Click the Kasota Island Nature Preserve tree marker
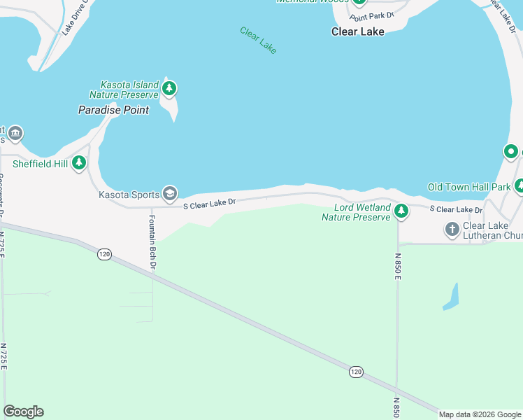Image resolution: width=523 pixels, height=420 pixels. click(x=169, y=89)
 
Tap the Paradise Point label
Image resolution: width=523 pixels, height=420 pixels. click(x=113, y=110)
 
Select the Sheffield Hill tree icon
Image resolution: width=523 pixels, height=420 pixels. click(x=80, y=162)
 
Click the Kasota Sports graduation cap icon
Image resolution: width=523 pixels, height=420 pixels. click(x=169, y=193)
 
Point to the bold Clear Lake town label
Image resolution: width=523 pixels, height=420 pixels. click(x=357, y=31)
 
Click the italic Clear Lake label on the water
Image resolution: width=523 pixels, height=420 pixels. click(x=258, y=40)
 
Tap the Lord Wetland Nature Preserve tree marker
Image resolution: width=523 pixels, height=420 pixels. click(x=401, y=210)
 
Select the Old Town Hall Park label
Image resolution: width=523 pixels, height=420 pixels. click(x=469, y=187)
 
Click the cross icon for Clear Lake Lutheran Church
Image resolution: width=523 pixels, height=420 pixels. click(x=452, y=228)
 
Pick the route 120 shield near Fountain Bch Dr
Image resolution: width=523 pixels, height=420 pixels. click(x=104, y=255)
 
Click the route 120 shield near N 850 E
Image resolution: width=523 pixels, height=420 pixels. click(x=356, y=371)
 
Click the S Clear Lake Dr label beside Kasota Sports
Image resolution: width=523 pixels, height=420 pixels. click(x=210, y=204)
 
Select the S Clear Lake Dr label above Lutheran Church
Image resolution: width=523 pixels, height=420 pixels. click(x=456, y=209)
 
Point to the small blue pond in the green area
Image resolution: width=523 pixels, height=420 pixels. click(x=451, y=297)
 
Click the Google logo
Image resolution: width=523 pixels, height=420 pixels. click(x=23, y=412)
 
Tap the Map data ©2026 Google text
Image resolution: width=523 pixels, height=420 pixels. click(x=480, y=414)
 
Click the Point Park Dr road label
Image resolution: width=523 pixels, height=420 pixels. click(x=372, y=15)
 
